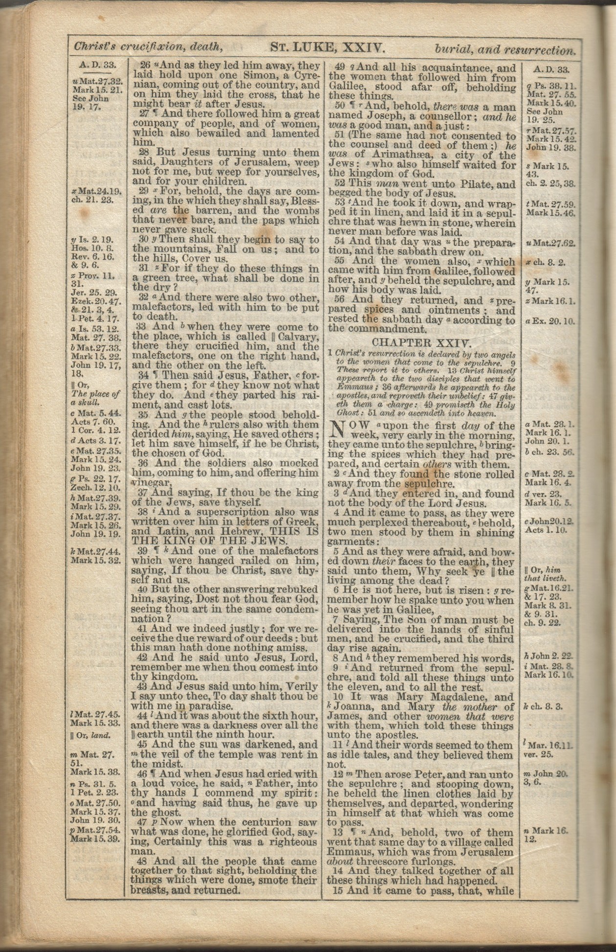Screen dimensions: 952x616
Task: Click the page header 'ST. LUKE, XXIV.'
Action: pyautogui.click(x=327, y=47)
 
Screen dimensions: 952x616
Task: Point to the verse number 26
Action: pyautogui.click(x=145, y=66)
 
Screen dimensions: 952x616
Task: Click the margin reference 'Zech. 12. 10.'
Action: pyautogui.click(x=96, y=488)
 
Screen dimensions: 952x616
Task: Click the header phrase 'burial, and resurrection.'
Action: pyautogui.click(x=504, y=49)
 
